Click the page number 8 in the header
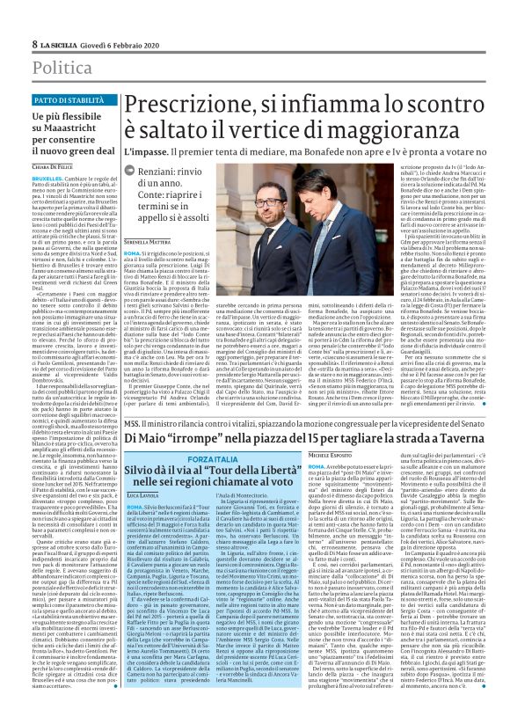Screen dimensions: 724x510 point(34,43)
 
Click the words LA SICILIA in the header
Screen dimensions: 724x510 point(59,43)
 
